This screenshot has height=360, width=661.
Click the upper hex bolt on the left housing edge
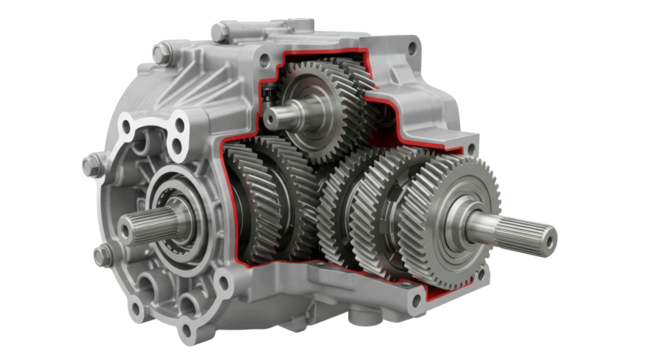pyautogui.click(x=89, y=161)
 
